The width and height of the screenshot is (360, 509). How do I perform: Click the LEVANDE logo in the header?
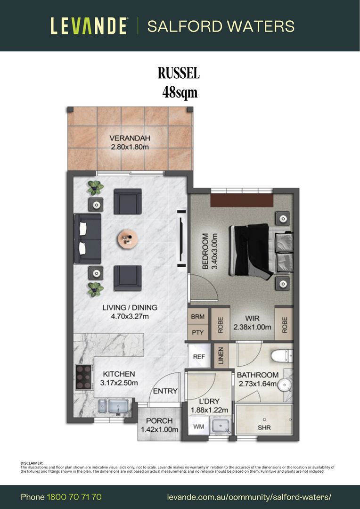89,26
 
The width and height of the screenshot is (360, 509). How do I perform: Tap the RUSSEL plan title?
179,74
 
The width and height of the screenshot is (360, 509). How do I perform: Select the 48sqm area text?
180,93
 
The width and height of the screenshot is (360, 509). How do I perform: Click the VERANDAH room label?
130,138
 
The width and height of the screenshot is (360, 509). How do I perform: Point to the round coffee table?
128,239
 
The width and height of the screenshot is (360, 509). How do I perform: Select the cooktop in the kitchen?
84,377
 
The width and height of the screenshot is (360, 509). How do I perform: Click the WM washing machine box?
199,426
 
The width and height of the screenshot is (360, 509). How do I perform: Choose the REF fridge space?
199,356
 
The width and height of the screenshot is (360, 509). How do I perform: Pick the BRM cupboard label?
198,317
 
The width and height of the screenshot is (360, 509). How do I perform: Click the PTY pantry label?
198,332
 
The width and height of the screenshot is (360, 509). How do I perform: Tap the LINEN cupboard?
221,356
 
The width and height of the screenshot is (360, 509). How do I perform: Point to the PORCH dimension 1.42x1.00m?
159,429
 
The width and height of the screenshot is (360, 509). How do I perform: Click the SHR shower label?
264,428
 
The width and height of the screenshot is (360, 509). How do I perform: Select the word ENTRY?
165,391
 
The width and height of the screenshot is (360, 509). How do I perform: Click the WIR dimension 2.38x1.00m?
252,327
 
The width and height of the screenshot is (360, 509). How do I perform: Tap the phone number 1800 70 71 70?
74,497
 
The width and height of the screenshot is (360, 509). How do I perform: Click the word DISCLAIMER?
32,463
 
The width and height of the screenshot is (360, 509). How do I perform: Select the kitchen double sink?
113,407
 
